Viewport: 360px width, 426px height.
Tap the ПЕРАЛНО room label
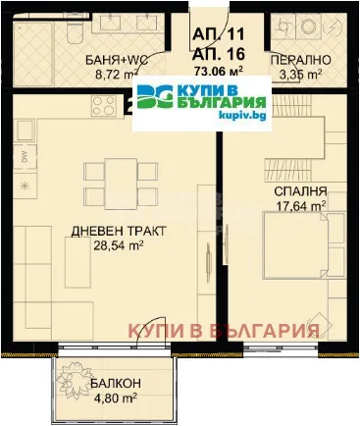(305, 60)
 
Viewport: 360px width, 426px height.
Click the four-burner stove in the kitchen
(105, 104)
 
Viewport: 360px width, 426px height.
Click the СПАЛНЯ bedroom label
(301, 190)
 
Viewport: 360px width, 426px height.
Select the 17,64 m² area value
(301, 206)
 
